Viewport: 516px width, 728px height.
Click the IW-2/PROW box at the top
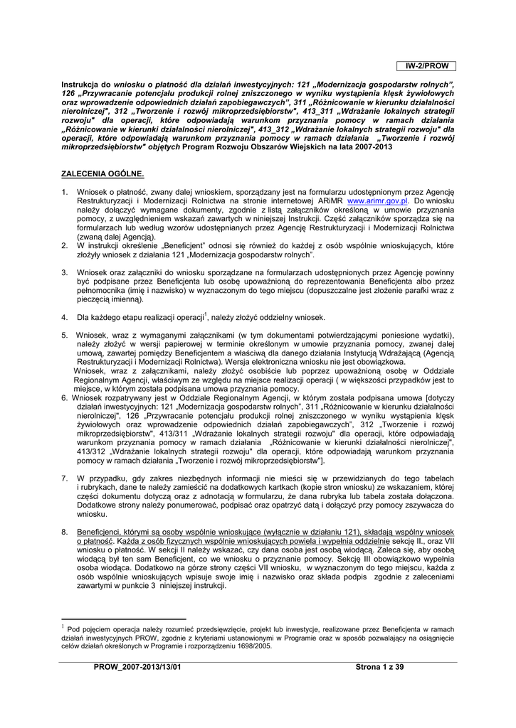click(427, 66)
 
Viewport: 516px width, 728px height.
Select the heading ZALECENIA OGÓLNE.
click(102, 173)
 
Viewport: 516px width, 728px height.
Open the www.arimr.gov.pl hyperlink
click(377, 201)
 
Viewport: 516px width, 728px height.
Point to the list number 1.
click(64, 193)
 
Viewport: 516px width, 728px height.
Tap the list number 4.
click(64, 317)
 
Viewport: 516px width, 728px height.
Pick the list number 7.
click(64, 478)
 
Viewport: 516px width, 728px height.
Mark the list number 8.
click(64, 532)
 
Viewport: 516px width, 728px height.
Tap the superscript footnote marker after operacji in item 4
click(205, 314)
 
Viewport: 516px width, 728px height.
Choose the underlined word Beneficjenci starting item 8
click(100, 532)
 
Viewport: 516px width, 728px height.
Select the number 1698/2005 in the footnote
click(251, 646)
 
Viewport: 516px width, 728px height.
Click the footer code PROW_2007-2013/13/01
click(138, 667)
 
